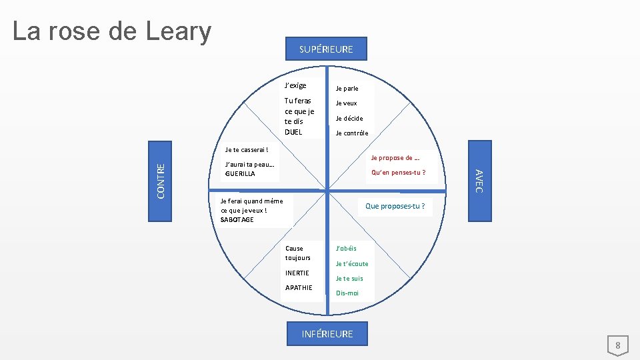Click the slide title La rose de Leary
pos(112,31)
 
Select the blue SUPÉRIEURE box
pos(326,49)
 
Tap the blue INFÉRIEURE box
pos(327,333)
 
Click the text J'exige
pos(295,85)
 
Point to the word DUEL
pos(293,132)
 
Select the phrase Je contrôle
pos(351,133)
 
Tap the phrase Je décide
pos(349,118)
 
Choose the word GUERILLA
pos(240,173)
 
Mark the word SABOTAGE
pos(237,219)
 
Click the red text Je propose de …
pos(395,158)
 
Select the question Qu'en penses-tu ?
pos(398,173)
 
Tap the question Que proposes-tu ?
pos(395,206)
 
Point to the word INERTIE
pos(297,273)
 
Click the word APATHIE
pos(298,288)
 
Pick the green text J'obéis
pos(346,248)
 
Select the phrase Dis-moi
pos(347,293)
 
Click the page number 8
pos(617,345)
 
